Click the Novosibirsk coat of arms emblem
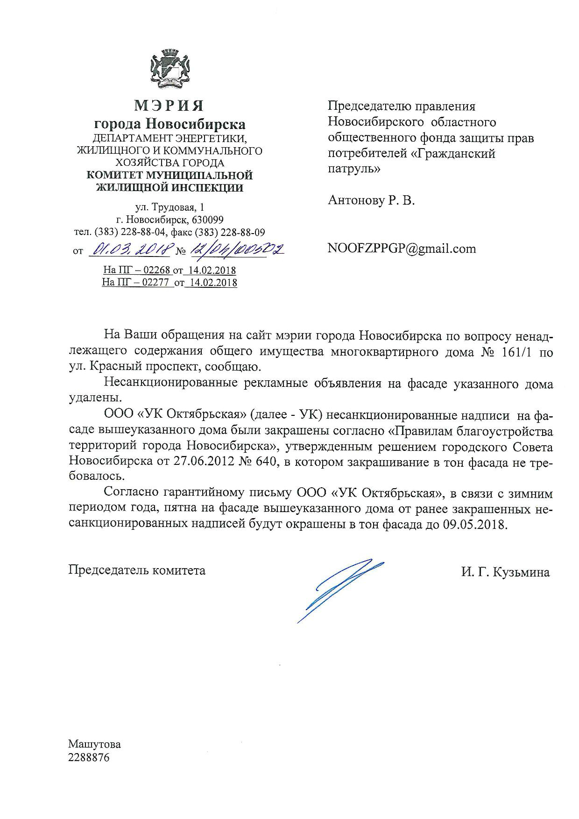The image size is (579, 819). point(169,70)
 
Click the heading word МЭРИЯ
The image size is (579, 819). point(169,106)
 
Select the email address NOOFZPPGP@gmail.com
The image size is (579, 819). point(402,249)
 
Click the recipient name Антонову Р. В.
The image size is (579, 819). point(371,201)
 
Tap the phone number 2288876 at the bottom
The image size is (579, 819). point(89,758)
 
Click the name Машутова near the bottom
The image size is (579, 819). point(94,744)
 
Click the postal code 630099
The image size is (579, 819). point(208,220)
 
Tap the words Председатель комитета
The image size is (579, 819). point(137,570)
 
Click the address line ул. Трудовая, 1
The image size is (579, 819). point(169,207)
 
